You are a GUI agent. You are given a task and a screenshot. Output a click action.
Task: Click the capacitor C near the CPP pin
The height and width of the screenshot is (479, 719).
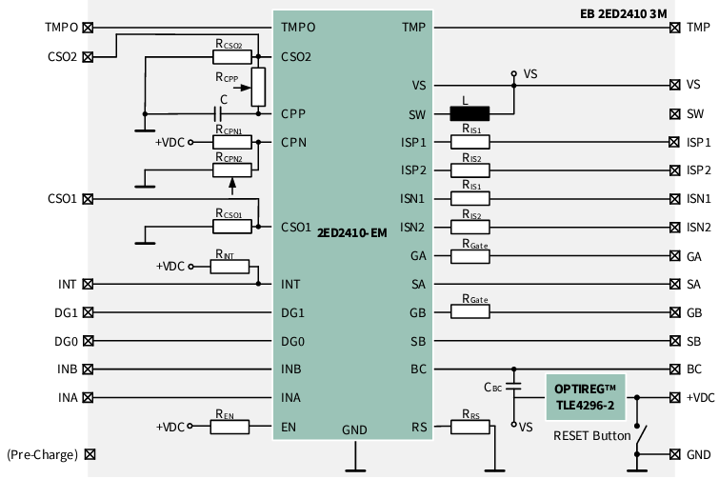[x=224, y=113]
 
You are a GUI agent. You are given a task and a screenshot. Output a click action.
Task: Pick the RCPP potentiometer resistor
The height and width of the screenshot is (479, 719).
[x=257, y=87]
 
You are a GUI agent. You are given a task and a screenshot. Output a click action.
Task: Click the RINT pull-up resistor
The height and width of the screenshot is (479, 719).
[x=230, y=267]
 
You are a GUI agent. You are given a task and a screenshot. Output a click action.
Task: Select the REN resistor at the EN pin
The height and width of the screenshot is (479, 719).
[x=230, y=427]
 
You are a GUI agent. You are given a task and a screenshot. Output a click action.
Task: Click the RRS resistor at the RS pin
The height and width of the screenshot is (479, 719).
[x=469, y=427]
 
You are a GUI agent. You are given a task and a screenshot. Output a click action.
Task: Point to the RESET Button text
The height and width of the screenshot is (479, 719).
[x=591, y=436]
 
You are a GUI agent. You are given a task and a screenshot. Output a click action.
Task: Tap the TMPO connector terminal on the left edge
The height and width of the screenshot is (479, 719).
[x=89, y=28]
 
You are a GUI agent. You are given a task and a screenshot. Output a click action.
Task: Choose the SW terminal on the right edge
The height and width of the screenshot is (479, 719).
[x=675, y=113]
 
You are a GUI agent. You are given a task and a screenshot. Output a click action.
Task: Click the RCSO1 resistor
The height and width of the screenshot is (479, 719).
[x=230, y=227]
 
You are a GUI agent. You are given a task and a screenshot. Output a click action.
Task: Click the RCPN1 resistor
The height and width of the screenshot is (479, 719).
[x=230, y=142]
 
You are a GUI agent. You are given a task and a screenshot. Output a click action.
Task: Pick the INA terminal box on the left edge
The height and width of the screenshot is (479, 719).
[x=89, y=398]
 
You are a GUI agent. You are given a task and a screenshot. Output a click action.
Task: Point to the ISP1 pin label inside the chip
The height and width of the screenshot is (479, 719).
[x=413, y=142]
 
